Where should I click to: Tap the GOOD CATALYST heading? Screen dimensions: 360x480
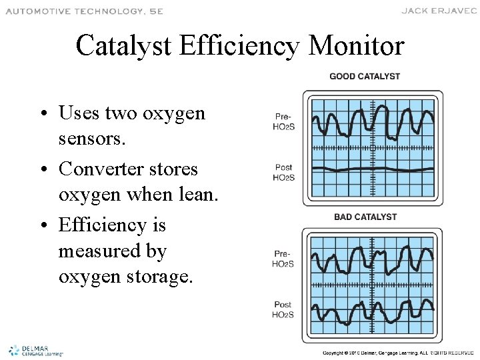365,76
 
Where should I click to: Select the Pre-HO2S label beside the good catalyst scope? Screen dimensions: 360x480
283,121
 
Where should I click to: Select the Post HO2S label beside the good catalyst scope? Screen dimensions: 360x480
283,172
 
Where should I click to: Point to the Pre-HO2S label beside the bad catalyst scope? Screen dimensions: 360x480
283,259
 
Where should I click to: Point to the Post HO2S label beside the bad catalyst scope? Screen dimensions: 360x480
283,310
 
